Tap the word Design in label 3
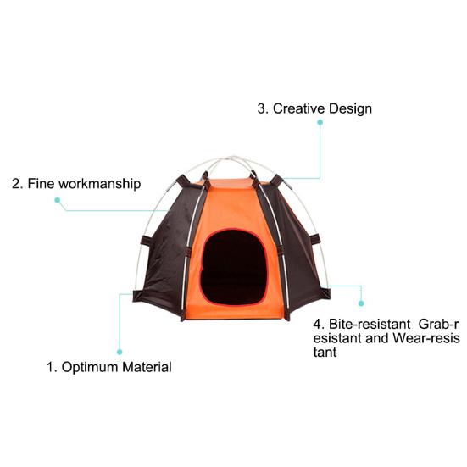click(350, 108)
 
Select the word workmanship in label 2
click(99, 184)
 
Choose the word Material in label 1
click(147, 367)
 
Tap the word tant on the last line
click(325, 353)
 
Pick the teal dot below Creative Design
click(320, 122)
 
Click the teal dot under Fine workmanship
click(58, 200)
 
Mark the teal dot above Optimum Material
click(120, 352)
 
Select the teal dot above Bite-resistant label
click(361, 303)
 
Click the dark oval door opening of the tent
click(234, 268)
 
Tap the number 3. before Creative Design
click(263, 108)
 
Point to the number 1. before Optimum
click(52, 367)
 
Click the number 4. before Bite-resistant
click(319, 324)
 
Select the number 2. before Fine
click(18, 184)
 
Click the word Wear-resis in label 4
click(426, 338)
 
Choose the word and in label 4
click(377, 338)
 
